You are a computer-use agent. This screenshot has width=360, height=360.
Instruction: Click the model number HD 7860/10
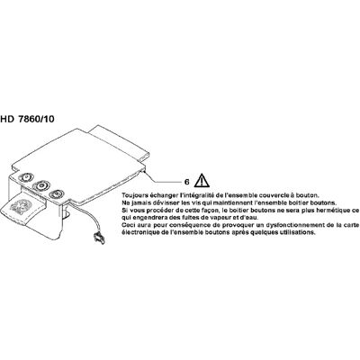pos(27,119)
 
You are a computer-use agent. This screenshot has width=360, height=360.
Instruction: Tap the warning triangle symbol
pos(202,180)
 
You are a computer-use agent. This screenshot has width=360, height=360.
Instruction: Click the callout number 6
pos(186,182)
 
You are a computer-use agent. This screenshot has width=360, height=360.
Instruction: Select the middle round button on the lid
pos(40,185)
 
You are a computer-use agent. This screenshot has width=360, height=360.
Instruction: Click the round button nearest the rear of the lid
pos(26,177)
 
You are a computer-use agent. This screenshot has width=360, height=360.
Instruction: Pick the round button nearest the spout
pos(57,193)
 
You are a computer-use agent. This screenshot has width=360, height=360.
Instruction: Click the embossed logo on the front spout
pos(19,206)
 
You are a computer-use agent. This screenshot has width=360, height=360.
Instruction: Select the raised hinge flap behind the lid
pos(120,141)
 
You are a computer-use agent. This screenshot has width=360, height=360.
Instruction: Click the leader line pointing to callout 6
pos(162,179)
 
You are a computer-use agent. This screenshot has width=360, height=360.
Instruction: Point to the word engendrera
pos(147,218)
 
